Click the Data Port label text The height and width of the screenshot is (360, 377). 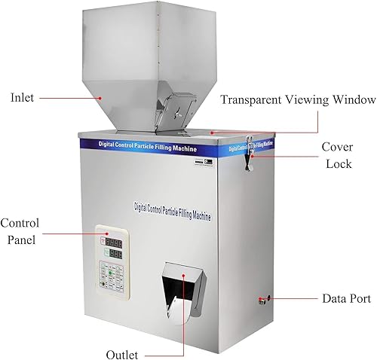tap(346, 299)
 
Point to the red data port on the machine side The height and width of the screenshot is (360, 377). tap(261, 300)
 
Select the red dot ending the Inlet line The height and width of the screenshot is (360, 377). tap(104, 98)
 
